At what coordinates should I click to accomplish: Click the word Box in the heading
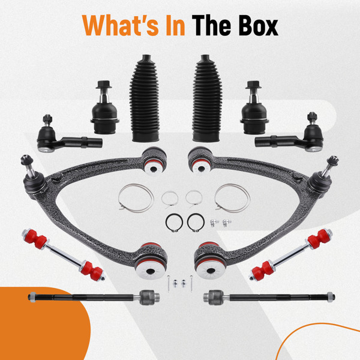coord(258,26)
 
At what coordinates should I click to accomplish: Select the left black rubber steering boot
coord(145,98)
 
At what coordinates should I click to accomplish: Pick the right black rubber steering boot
coord(207,98)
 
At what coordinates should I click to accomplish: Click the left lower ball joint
coord(104,107)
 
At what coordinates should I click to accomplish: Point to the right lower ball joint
coord(254,107)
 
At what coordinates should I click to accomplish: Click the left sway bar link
coord(64,255)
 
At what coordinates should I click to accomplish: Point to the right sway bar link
coord(291,255)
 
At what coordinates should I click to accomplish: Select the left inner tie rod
coord(94,298)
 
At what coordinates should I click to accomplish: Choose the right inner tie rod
coord(269,298)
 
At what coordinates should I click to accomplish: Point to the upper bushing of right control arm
coord(200,160)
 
